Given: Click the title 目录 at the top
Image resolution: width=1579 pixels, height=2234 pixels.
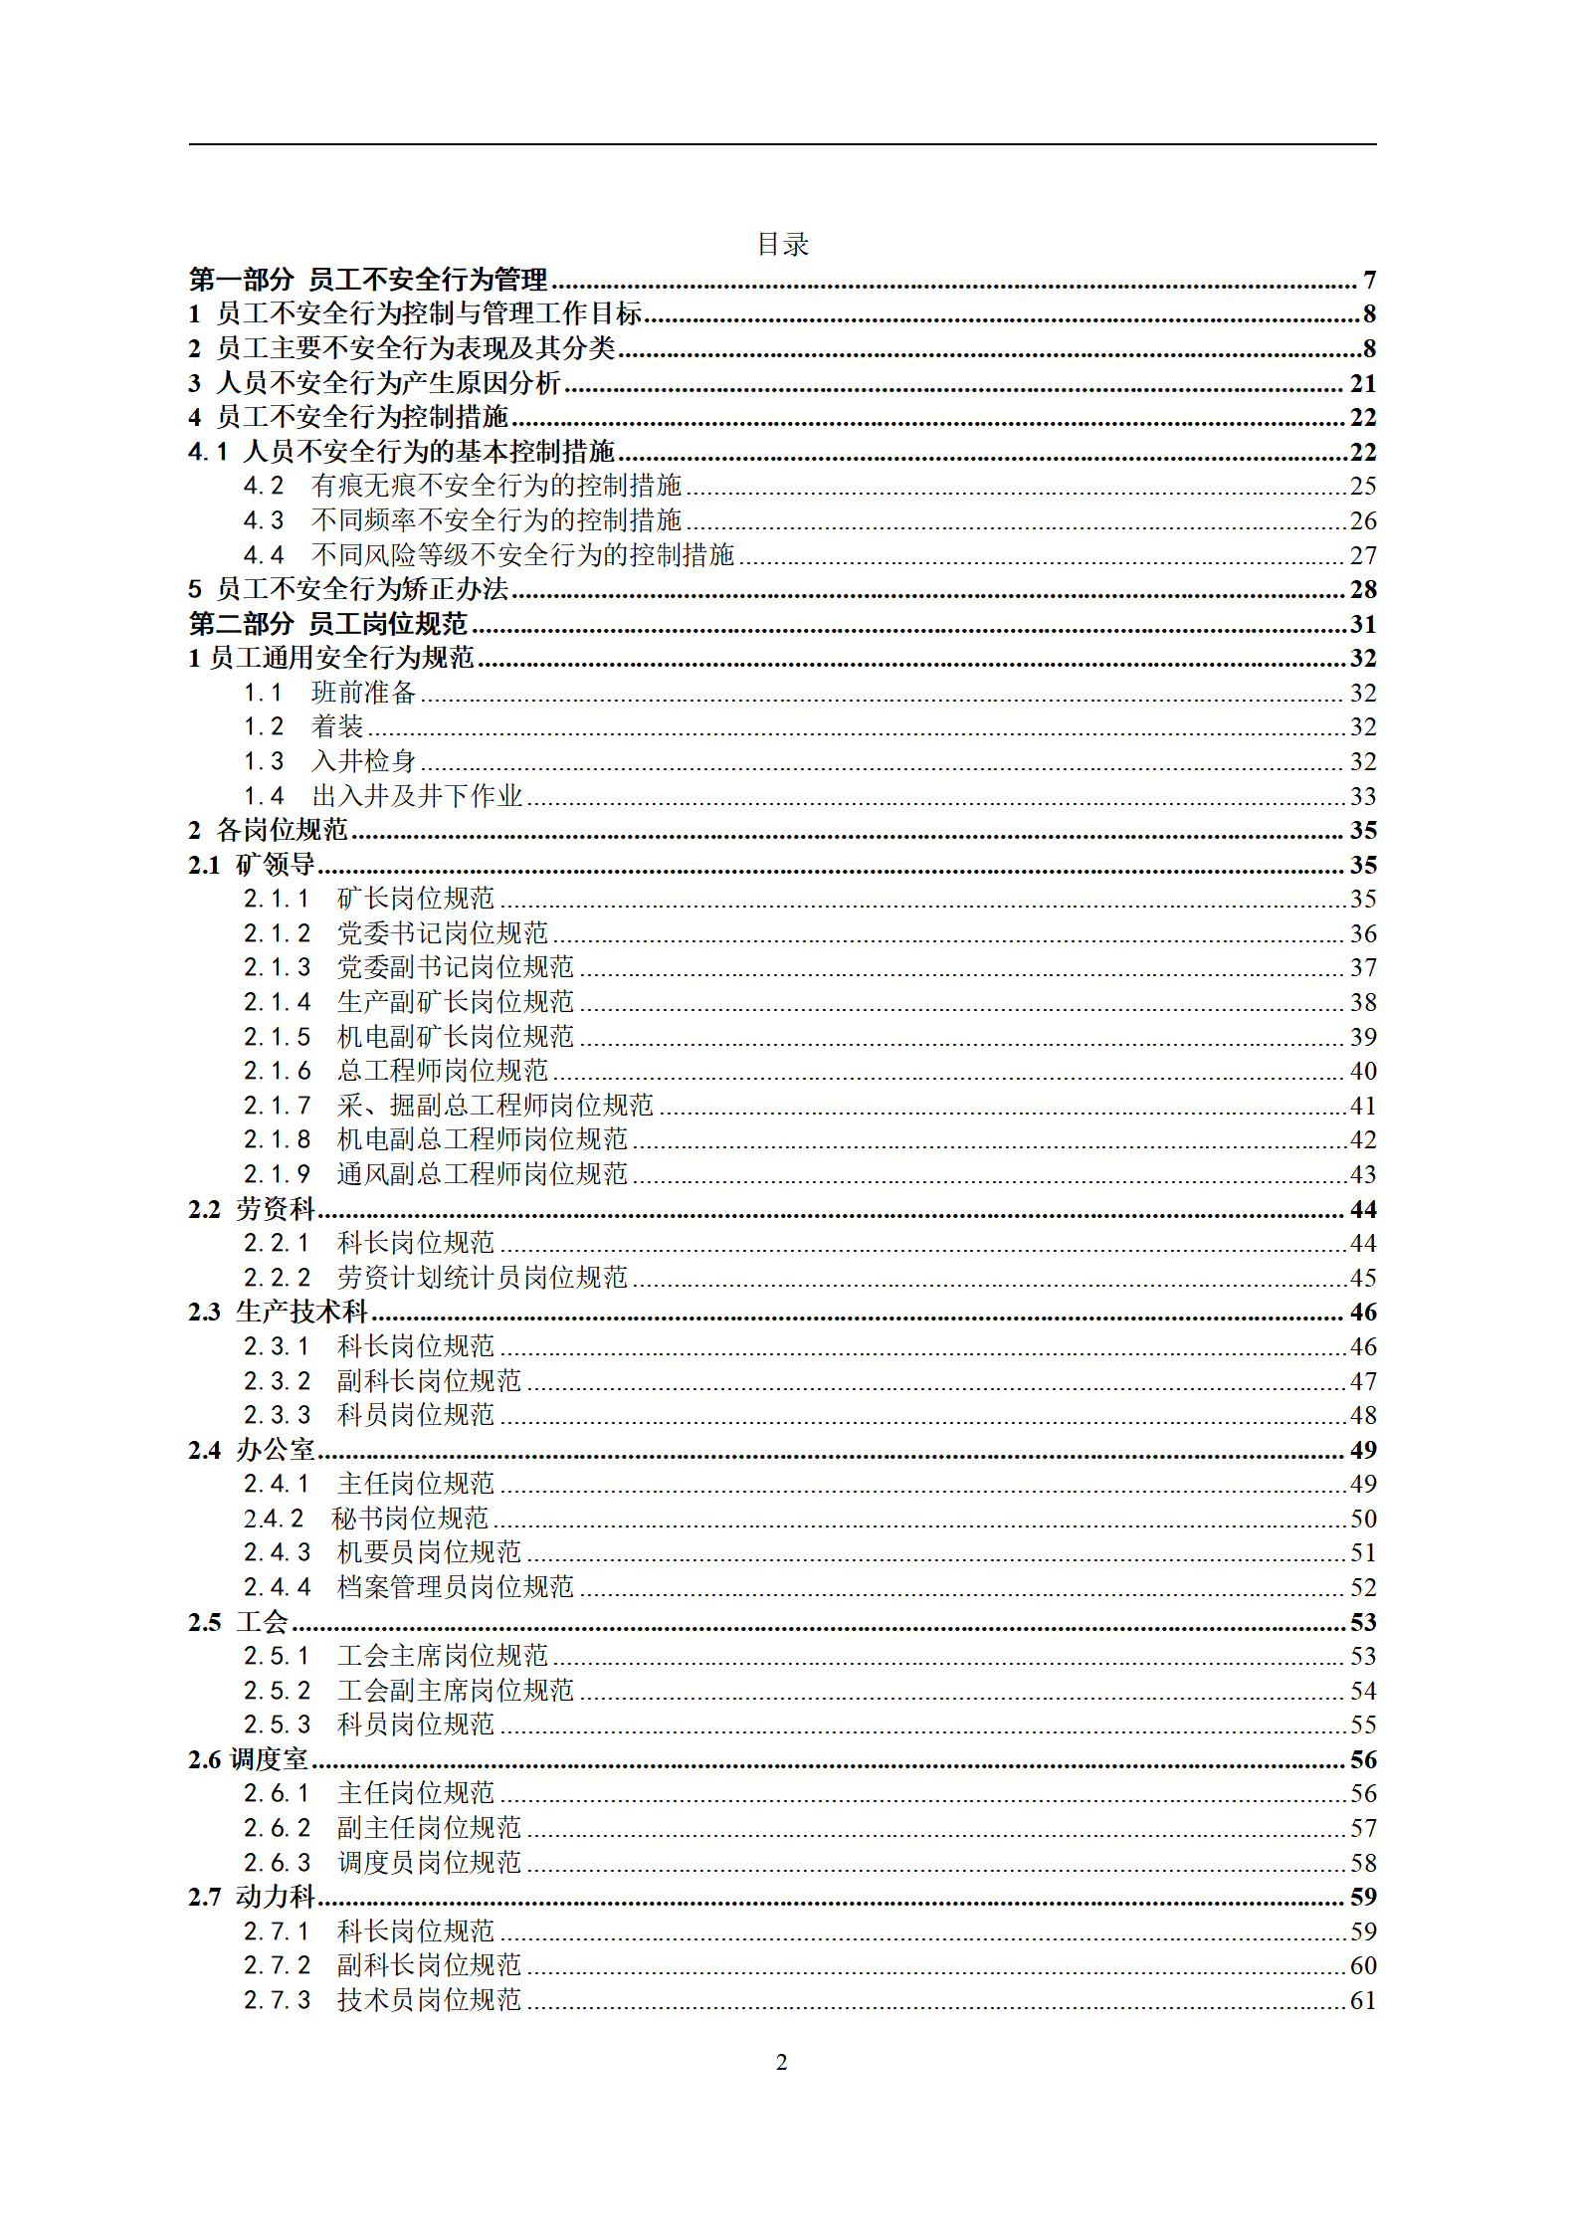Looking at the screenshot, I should (782, 245).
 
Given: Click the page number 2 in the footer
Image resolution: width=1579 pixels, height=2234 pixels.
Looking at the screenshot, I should (781, 2062).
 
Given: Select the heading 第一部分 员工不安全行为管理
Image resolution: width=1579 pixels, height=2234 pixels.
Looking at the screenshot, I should (368, 280).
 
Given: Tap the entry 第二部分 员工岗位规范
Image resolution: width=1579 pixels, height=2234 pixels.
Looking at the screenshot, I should (328, 624).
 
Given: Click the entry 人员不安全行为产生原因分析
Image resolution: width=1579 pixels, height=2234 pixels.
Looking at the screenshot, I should (388, 383).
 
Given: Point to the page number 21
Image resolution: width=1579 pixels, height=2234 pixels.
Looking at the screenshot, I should (1362, 383).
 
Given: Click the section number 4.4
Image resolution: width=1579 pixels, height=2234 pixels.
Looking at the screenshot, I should (264, 555).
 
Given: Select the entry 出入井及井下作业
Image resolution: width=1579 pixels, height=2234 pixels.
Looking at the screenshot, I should (417, 796).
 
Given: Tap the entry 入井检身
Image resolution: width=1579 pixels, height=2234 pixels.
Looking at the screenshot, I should (363, 761).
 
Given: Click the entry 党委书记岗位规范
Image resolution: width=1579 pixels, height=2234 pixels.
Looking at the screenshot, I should (442, 933).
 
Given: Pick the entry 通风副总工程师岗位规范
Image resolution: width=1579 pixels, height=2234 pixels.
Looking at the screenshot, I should (482, 1174).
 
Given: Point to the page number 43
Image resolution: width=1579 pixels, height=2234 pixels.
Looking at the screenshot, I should (1362, 1174).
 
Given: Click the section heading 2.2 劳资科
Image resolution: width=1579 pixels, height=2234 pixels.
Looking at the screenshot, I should (252, 1209).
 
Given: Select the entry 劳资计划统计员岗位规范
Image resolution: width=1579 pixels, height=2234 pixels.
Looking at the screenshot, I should (482, 1278).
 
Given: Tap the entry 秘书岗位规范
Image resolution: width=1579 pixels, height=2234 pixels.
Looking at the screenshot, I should (409, 1519).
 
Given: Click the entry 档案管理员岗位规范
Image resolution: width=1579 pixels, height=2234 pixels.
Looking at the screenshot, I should (455, 1587).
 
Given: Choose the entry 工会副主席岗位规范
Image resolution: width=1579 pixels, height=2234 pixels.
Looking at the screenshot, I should (455, 1691).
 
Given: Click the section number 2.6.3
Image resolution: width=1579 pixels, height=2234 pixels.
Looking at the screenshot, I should (277, 1863).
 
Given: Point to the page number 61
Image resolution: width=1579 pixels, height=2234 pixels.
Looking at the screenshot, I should (1362, 2000).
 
